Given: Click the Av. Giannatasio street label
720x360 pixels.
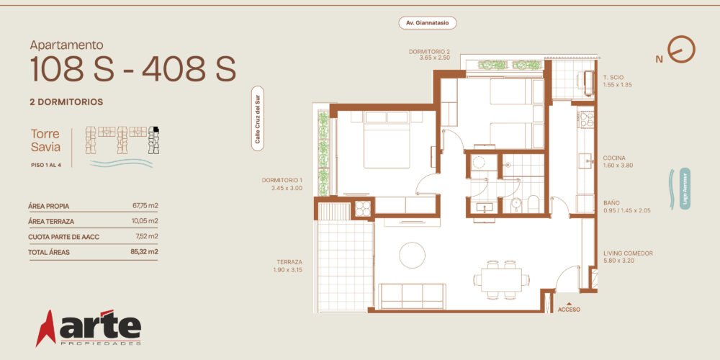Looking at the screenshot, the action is click(428, 23).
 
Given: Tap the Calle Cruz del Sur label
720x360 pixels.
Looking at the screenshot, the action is click(258, 119).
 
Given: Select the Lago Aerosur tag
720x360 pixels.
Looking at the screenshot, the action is click(685, 189).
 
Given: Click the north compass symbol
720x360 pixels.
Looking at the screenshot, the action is click(681, 49).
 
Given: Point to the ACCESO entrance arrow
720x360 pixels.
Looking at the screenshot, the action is click(569, 304).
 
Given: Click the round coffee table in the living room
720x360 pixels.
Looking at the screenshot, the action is click(412, 255).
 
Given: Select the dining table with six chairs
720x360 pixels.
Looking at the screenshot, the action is click(501, 279).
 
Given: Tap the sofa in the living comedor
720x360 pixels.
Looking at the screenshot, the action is click(412, 296).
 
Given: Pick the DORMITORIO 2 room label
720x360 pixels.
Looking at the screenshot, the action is click(429, 51).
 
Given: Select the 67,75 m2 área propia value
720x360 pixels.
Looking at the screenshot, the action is click(145, 206).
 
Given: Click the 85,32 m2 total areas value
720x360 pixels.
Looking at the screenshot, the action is click(144, 251).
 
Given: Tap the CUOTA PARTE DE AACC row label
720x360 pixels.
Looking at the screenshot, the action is click(64, 237).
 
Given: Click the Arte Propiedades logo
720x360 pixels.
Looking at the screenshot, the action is click(89, 328).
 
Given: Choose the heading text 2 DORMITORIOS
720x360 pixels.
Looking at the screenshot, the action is click(66, 102).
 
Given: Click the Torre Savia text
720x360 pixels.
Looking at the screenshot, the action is click(45, 140).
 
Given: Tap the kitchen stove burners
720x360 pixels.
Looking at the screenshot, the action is click(586, 120).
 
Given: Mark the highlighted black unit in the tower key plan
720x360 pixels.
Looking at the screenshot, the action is click(156, 129).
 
